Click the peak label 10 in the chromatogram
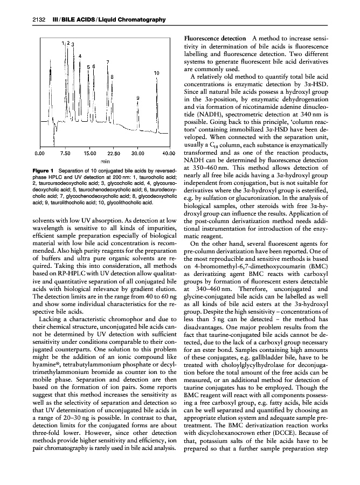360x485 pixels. pyautogui.click(x=156, y=72)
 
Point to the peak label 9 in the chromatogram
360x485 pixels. pyautogui.click(x=138, y=98)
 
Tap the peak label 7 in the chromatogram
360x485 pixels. pyautogui.click(x=108, y=62)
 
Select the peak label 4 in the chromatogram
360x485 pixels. pyautogui.click(x=80, y=56)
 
